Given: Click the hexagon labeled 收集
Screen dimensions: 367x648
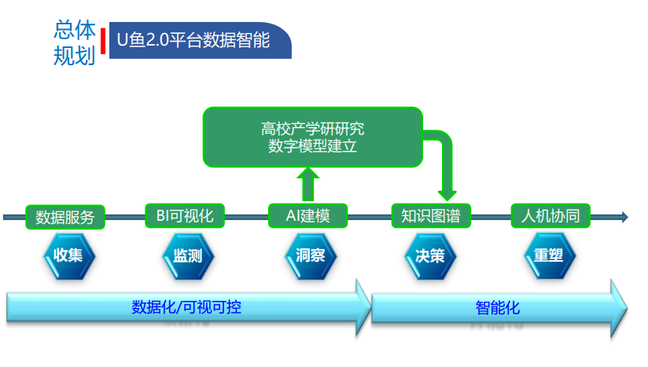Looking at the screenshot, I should click(x=69, y=255).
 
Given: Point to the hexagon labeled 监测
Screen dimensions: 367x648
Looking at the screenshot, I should click(x=188, y=255).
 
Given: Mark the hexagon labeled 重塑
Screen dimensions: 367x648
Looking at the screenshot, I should click(x=550, y=255).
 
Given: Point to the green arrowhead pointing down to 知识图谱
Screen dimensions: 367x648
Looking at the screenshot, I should click(x=447, y=192).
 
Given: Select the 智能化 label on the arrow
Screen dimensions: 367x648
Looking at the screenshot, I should click(x=497, y=307).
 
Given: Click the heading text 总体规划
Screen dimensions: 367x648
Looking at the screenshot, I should click(x=75, y=42).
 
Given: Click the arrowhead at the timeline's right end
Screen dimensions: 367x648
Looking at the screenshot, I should click(x=624, y=217).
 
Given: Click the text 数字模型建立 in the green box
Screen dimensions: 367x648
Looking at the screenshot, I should click(x=312, y=145).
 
